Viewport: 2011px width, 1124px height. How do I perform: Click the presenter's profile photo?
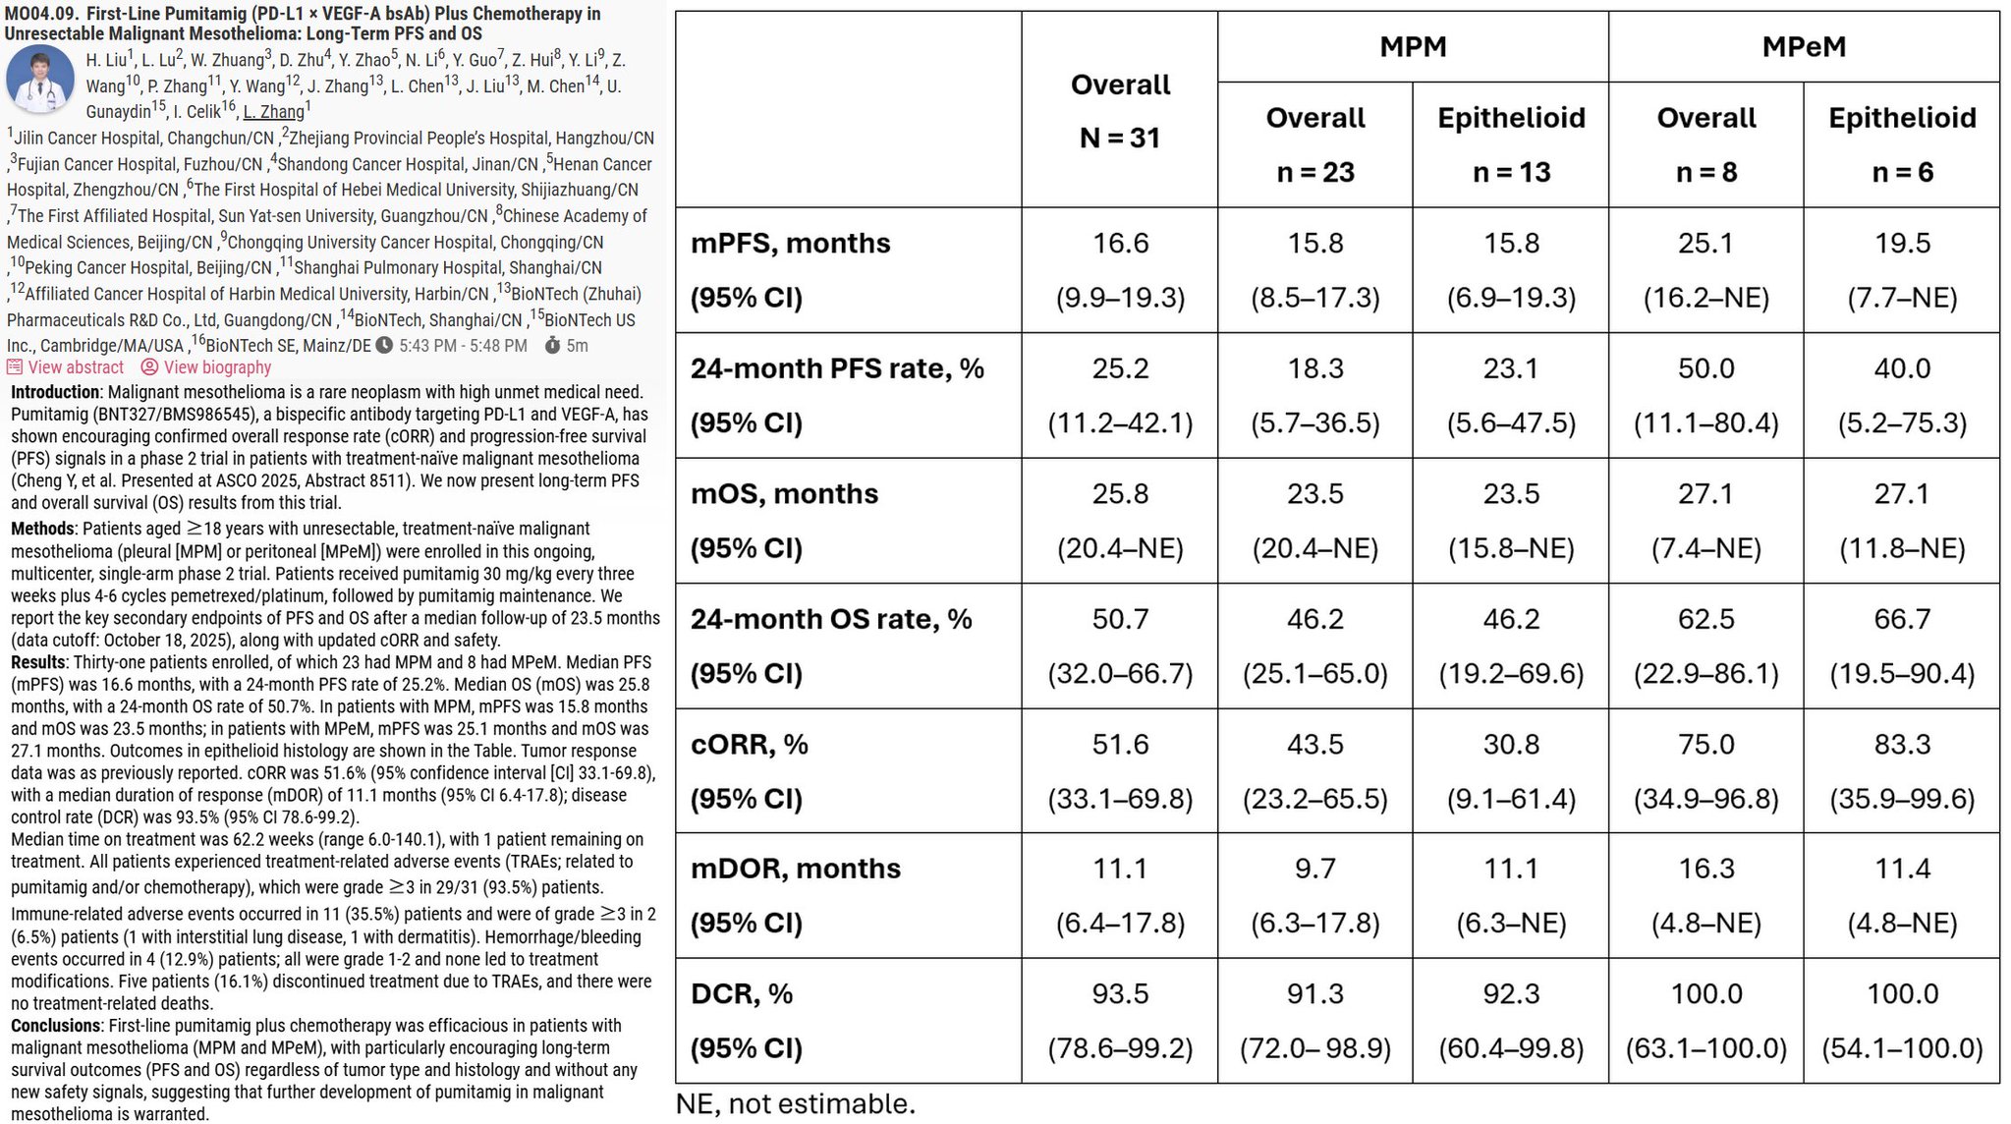pos(40,80)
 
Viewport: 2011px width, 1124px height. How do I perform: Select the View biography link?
pos(206,367)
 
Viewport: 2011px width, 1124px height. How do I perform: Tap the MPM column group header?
pos(1413,46)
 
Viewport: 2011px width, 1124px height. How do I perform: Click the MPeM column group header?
pos(1804,46)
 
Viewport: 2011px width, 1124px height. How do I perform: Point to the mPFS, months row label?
pos(790,243)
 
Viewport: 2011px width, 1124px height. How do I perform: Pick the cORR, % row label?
pos(749,745)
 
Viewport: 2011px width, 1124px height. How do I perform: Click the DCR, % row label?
pos(741,994)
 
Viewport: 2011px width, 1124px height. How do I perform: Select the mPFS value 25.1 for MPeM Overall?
pos(1705,243)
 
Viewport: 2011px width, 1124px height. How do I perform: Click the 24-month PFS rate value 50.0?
pos(1705,368)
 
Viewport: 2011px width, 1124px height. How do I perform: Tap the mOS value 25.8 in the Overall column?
pos(1120,493)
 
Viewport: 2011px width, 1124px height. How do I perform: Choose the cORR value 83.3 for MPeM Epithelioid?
pos(1902,745)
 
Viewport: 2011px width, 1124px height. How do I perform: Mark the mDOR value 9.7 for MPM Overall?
pos(1315,869)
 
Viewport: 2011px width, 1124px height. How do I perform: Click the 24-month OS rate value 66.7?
pos(1902,619)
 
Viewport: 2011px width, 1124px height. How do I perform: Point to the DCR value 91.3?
pos(1315,994)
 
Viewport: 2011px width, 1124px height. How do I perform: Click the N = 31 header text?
pos(1120,138)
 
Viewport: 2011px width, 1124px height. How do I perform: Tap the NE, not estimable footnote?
pos(796,1104)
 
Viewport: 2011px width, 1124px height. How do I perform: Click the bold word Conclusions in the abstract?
pos(56,1026)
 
